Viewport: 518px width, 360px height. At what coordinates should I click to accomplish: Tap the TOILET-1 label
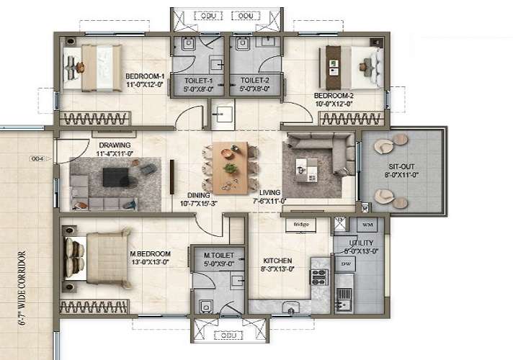tap(198, 81)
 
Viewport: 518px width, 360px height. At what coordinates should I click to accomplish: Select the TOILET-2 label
tap(255, 81)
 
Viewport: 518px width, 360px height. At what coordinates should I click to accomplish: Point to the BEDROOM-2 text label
tap(333, 94)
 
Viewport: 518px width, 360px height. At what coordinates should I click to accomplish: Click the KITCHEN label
tap(277, 261)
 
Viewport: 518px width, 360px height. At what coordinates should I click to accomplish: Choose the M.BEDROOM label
tap(149, 253)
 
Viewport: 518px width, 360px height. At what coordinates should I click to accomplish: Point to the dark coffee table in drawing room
tap(115, 176)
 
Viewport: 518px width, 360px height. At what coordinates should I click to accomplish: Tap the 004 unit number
tap(37, 159)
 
